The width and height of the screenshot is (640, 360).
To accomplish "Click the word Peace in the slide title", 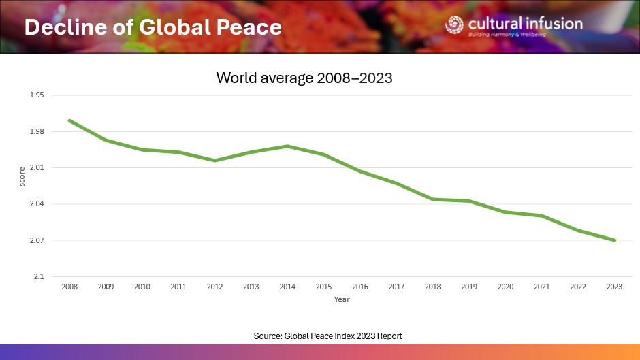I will pos(247,27).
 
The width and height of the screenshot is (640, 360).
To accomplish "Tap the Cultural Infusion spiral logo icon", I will pos(454,24).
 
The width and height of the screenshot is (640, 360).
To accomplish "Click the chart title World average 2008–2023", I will pos(304,78).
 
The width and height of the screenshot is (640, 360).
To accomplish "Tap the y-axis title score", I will pos(22,176).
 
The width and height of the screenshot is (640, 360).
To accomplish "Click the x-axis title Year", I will pos(342,299).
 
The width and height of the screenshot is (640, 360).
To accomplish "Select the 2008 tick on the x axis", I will pos(69,287).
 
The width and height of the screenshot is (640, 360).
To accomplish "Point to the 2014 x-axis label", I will pos(287,287).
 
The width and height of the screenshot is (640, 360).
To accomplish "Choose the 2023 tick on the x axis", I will pos(615,287).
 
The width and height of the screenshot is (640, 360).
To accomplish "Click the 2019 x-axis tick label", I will pos(469,287).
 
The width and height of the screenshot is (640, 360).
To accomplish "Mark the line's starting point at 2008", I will pos(69,120).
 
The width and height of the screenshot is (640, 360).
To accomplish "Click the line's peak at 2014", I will pos(287,146).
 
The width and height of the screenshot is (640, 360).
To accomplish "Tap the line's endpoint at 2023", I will pos(615,240).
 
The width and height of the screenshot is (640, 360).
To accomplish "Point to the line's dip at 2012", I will pos(214,161).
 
